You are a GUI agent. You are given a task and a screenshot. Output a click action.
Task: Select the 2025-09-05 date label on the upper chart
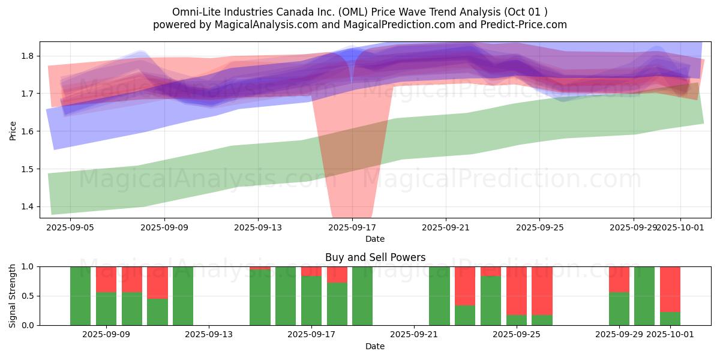pyautogui.click(x=71, y=227)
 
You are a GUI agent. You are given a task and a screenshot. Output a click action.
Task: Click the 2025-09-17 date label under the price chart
pyautogui.click(x=352, y=227)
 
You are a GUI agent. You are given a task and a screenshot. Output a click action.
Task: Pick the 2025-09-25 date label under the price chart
pyautogui.click(x=539, y=227)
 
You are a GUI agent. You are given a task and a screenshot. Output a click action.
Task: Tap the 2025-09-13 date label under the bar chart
pyautogui.click(x=209, y=335)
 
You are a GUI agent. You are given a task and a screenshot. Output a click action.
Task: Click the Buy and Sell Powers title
pyautogui.click(x=375, y=257)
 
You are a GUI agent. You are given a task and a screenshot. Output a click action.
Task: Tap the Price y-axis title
pyautogui.click(x=13, y=130)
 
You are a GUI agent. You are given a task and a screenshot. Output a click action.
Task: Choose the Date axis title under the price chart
pyautogui.click(x=375, y=239)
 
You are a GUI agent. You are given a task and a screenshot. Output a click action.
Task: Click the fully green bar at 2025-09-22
pyautogui.click(x=439, y=296)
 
